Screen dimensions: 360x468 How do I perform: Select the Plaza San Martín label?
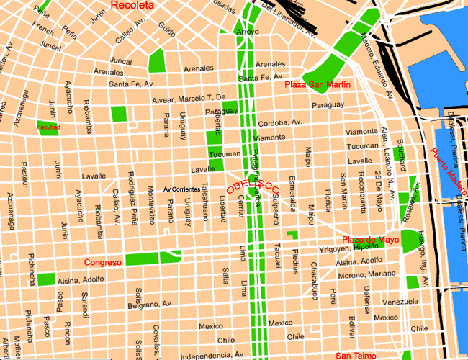tap(318, 85)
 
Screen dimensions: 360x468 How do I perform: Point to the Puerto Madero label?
tap(448, 173)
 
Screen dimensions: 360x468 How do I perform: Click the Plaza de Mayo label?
tap(370, 240)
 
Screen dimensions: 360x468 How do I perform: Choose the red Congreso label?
tap(102, 262)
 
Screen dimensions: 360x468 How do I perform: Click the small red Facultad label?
tap(49, 127)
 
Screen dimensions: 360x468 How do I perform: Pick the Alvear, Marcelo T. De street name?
tap(188, 97)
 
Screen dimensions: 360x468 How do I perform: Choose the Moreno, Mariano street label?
tap(366, 275)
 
